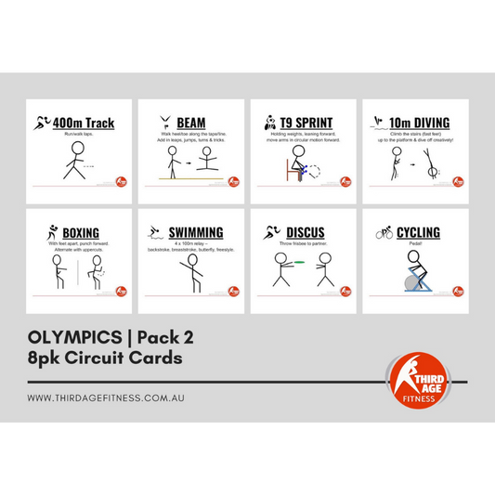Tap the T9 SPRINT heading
pos(304,122)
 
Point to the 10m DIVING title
pos(416,122)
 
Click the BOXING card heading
pos(81,232)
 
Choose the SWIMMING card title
pos(196,232)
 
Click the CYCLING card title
pos(419,232)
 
